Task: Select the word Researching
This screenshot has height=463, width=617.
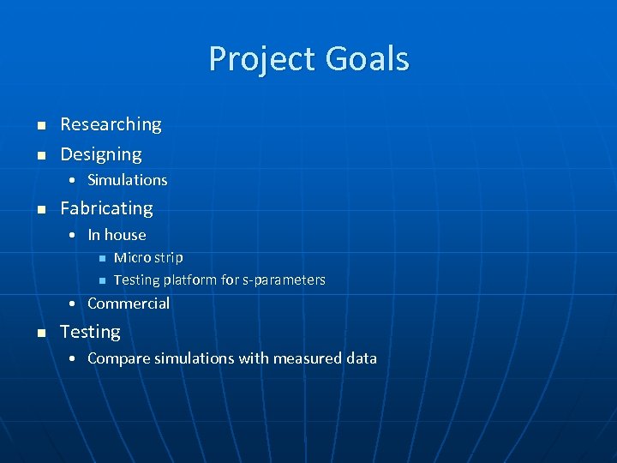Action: coord(111,124)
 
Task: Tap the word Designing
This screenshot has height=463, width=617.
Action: coord(101,154)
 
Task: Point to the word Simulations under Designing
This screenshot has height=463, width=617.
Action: coord(128,180)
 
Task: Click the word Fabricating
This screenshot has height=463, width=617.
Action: coord(106,208)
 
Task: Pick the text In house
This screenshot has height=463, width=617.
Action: coord(117,235)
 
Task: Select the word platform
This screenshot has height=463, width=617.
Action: coord(189,280)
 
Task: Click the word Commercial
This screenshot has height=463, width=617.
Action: coord(129,304)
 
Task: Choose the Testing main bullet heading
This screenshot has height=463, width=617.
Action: coord(90,332)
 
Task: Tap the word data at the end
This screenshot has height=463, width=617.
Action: coord(361,358)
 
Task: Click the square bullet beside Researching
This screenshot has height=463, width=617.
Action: coord(39,126)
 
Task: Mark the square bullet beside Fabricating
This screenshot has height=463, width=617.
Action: coord(39,210)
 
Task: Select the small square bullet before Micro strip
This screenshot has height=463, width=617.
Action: coord(100,258)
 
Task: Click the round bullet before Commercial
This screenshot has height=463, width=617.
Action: coord(75,304)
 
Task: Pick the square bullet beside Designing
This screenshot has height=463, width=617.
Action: coord(39,156)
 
